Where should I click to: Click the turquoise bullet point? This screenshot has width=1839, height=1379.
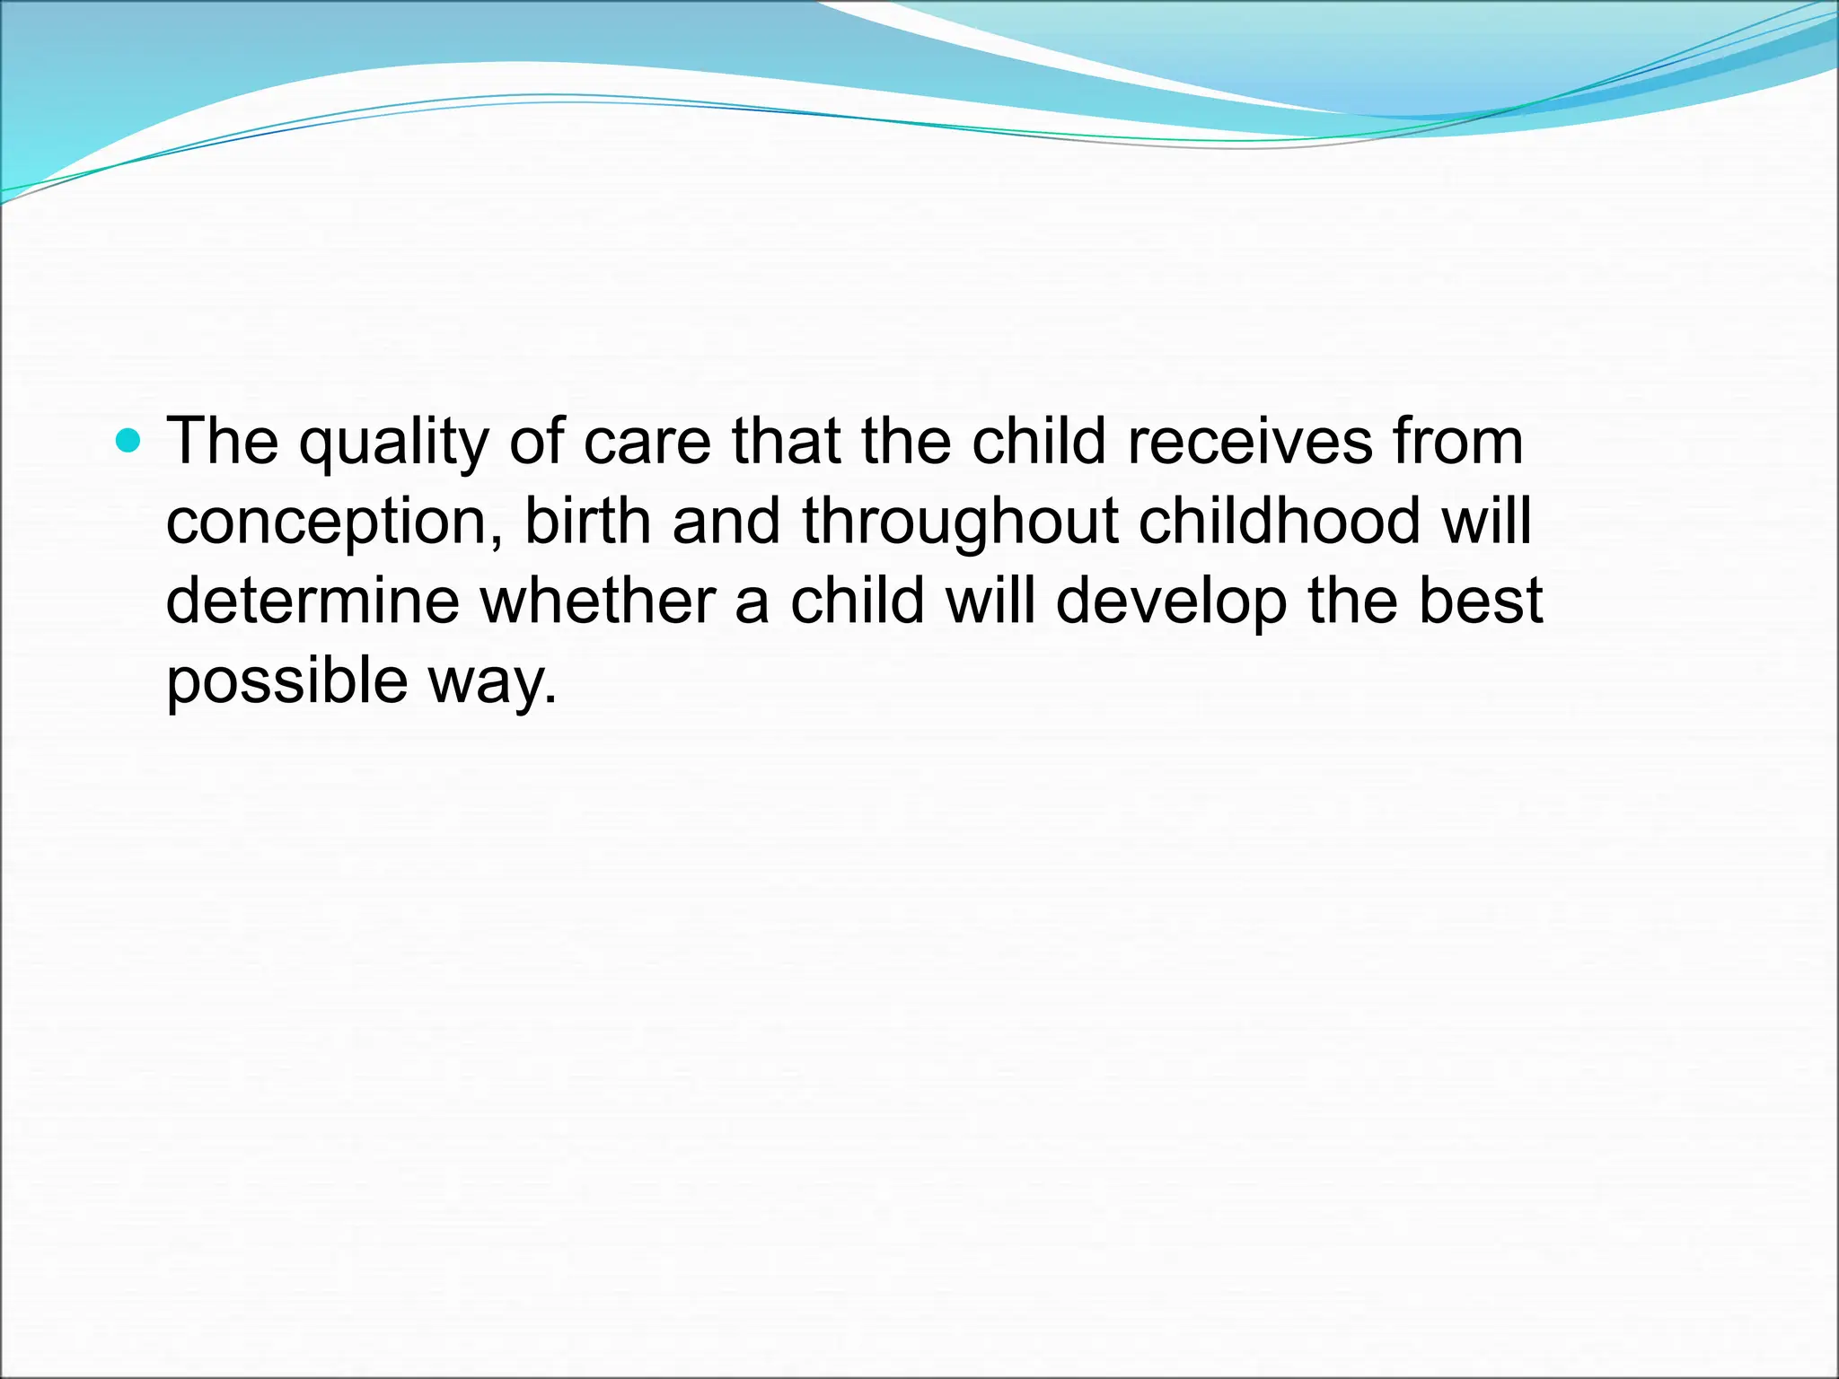pyautogui.click(x=129, y=441)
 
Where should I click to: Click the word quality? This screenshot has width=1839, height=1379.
pyautogui.click(x=394, y=443)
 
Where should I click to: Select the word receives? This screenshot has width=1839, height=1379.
pyautogui.click(x=1249, y=443)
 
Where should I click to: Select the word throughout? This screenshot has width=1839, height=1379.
pyautogui.click(x=960, y=523)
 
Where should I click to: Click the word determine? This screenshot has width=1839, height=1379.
pyautogui.click(x=312, y=601)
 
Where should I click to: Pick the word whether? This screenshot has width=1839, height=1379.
pyautogui.click(x=597, y=601)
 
